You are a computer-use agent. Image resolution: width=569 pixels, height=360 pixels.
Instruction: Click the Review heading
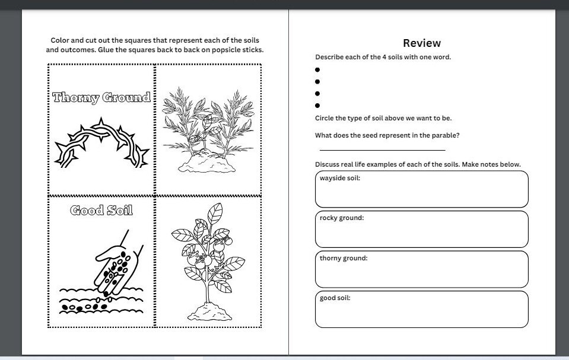point(421,43)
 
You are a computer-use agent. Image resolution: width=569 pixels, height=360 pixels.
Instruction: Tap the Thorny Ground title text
point(101,98)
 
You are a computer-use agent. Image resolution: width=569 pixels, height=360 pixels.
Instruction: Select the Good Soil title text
point(101,210)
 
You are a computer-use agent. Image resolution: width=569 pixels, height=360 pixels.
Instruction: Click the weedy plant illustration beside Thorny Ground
point(208,130)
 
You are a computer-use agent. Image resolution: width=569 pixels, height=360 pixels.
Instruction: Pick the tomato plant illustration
point(208,261)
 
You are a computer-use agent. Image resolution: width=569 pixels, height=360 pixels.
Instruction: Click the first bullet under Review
point(317,70)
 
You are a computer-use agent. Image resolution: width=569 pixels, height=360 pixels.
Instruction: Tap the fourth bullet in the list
point(317,106)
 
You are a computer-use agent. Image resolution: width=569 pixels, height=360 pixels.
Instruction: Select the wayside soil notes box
point(421,190)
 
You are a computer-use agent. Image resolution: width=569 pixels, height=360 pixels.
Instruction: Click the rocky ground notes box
point(421,230)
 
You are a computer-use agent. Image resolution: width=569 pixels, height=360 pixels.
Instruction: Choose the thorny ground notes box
point(421,269)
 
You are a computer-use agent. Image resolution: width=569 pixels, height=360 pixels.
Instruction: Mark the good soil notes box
point(421,310)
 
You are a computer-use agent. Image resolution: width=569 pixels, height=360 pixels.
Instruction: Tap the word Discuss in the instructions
point(328,164)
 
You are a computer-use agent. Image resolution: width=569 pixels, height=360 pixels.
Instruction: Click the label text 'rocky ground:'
point(342,218)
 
